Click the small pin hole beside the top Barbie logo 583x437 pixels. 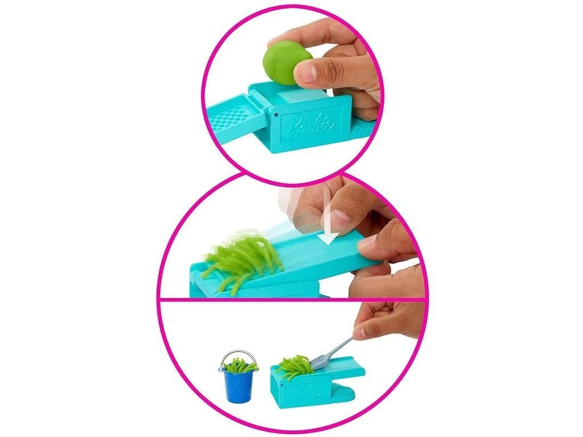276,115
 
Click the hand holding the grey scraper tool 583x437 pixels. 387,320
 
